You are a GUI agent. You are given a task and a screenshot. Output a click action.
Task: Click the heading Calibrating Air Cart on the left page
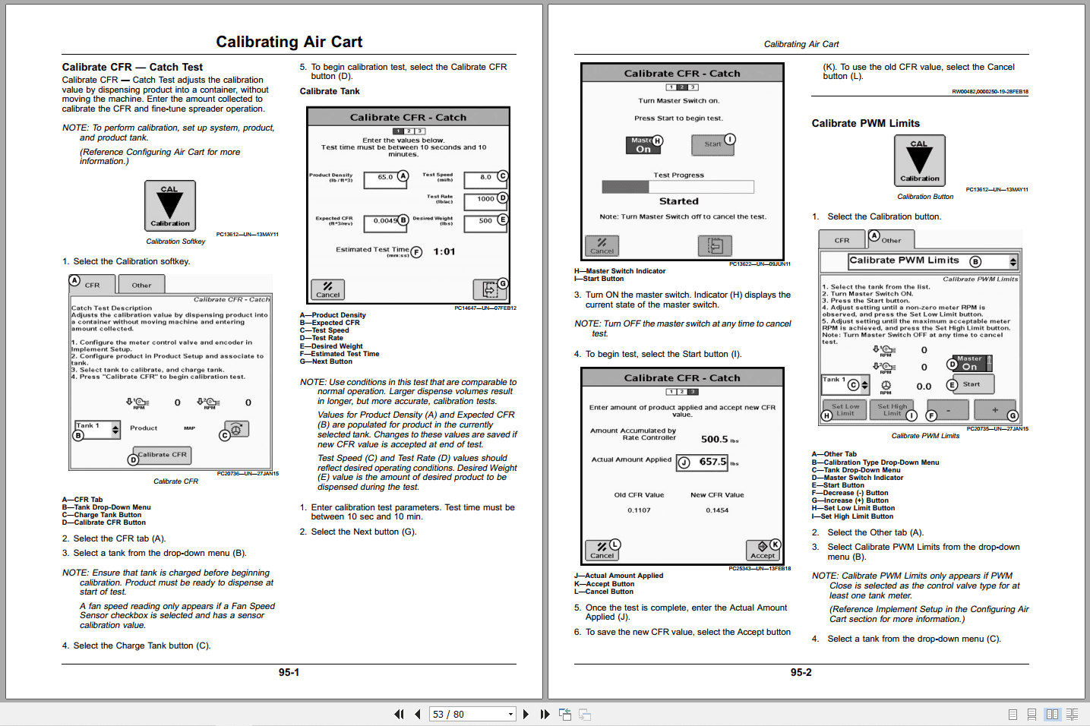click(289, 42)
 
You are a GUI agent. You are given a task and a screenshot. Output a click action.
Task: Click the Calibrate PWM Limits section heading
click(865, 123)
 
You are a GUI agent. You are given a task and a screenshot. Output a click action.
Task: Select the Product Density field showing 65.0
click(385, 178)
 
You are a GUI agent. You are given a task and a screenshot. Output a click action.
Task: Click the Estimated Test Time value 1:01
click(444, 252)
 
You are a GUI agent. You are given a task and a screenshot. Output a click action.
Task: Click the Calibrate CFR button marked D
click(162, 455)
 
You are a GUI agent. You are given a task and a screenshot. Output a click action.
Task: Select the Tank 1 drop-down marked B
click(96, 429)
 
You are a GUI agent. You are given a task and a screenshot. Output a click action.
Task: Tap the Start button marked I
click(712, 144)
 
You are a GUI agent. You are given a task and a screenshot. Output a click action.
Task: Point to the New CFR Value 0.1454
click(716, 510)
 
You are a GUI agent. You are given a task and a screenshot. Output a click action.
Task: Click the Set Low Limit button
click(845, 410)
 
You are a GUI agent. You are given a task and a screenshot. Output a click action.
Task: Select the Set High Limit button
click(893, 410)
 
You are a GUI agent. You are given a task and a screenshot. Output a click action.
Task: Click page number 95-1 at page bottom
click(289, 672)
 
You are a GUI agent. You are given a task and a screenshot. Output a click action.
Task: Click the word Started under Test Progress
click(678, 201)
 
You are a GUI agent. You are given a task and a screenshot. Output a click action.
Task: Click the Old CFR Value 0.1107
click(639, 510)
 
